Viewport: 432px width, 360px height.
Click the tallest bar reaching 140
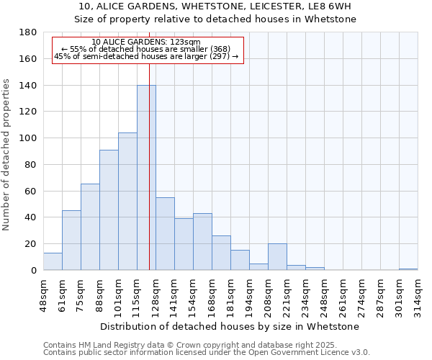[146, 178]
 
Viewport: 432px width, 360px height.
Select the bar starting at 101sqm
[127, 202]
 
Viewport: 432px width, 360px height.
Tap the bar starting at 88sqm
[109, 210]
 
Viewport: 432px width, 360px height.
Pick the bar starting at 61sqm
[71, 240]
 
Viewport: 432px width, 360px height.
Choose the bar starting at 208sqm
[277, 257]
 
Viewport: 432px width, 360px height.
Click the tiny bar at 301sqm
[408, 269]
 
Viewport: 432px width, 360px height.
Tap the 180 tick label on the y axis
[29, 32]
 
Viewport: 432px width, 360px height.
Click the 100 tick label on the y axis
[29, 138]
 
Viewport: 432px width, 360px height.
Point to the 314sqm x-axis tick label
[418, 294]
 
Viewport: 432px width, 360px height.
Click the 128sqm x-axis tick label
[156, 294]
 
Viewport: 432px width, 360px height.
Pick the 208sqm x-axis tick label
[269, 294]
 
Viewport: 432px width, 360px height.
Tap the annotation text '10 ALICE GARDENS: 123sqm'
[147, 42]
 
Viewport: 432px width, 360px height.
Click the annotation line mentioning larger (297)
[147, 55]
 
